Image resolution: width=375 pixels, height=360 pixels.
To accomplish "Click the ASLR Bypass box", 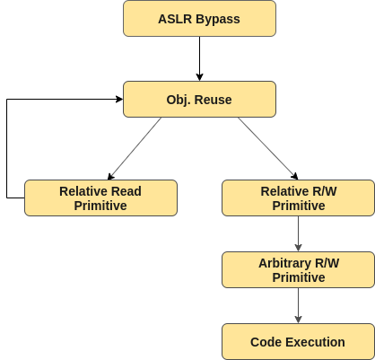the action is click(x=199, y=19).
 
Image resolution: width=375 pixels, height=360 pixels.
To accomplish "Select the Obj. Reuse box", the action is click(x=199, y=99).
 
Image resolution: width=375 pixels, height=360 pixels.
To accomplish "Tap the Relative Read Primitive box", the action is click(x=100, y=198).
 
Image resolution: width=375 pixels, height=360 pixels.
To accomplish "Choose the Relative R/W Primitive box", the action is click(x=298, y=198).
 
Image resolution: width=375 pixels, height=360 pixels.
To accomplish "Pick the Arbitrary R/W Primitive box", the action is click(x=298, y=269).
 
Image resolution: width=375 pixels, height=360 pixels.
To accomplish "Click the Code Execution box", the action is click(x=298, y=341).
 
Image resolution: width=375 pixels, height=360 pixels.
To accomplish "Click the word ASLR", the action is click(x=175, y=19).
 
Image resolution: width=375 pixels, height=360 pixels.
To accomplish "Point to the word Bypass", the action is click(x=218, y=20).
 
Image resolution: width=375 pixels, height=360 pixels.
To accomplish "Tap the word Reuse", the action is click(x=213, y=100).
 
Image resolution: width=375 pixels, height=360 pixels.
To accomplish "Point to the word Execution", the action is click(x=316, y=342).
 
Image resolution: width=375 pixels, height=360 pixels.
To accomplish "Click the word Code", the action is click(x=266, y=342).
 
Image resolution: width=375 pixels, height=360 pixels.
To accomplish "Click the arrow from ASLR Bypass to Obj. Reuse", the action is click(x=199, y=58).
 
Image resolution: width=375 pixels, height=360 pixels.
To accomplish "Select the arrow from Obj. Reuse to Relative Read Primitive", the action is click(x=135, y=148).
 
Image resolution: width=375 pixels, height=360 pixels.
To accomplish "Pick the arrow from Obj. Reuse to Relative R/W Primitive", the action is click(x=268, y=148).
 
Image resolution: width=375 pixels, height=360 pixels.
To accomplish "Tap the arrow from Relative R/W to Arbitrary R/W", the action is click(x=298, y=233).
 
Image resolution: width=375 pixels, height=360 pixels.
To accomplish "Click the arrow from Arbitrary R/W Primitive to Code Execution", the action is click(x=298, y=305).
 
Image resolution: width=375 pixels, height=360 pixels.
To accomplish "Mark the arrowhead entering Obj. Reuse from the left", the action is click(x=119, y=99).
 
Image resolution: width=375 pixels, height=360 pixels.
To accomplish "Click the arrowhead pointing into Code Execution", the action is click(x=298, y=320).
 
